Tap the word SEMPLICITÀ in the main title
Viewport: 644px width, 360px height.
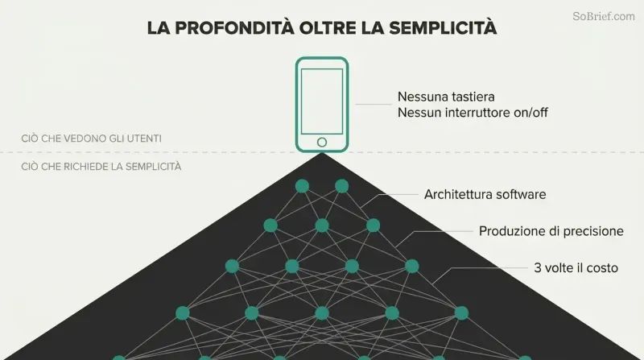(443, 28)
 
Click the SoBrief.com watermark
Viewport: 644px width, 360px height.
(603, 16)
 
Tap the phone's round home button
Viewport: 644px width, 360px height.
(322, 143)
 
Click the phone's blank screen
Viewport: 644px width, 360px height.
(322, 101)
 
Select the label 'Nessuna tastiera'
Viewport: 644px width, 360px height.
(446, 97)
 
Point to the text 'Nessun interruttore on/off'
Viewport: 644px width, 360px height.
(473, 113)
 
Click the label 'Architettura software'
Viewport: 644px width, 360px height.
(485, 194)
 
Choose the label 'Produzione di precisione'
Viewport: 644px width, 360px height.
(551, 231)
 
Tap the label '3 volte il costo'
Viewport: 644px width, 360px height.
(576, 268)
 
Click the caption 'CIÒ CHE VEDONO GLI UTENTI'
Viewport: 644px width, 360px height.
(91, 139)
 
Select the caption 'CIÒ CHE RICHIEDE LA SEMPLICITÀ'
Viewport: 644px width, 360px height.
(101, 167)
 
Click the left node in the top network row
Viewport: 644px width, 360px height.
(303, 186)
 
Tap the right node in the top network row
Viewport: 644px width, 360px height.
(341, 186)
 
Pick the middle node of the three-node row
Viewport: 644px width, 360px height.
(322, 226)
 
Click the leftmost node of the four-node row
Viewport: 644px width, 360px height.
(232, 267)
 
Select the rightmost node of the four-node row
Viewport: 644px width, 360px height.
(412, 267)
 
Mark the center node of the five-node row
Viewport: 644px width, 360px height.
(322, 313)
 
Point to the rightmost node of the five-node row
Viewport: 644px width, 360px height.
(461, 313)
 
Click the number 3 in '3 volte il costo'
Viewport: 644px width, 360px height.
(538, 268)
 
